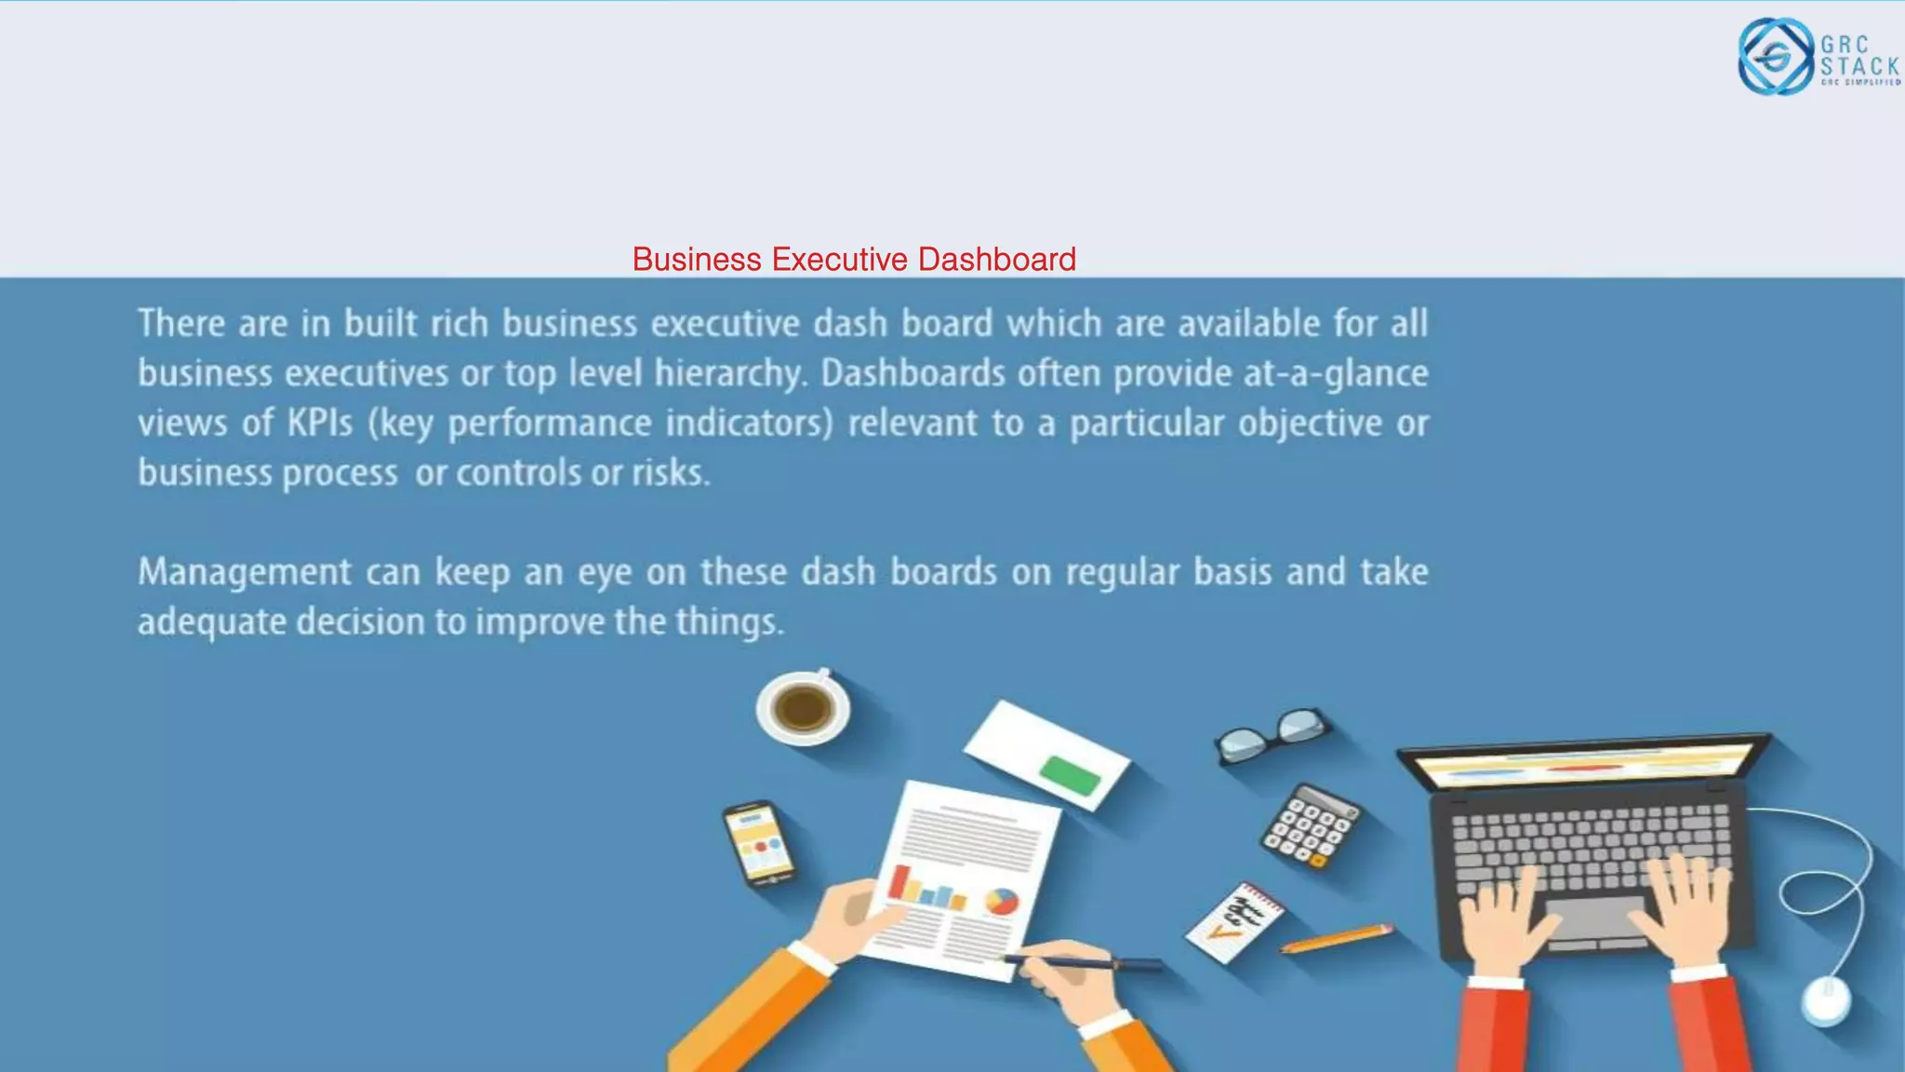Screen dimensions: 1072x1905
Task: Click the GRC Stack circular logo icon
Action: click(1776, 57)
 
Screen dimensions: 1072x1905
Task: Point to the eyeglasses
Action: click(1272, 735)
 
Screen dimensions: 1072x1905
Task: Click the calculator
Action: click(1311, 825)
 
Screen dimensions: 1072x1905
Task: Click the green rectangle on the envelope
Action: click(1070, 774)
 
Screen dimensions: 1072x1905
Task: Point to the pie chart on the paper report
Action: click(1002, 901)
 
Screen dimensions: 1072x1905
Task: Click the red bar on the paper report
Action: click(899, 881)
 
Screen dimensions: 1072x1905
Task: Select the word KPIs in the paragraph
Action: click(319, 423)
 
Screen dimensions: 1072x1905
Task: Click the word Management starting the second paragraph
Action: click(245, 572)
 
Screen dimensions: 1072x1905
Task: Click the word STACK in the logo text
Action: click(1858, 66)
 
